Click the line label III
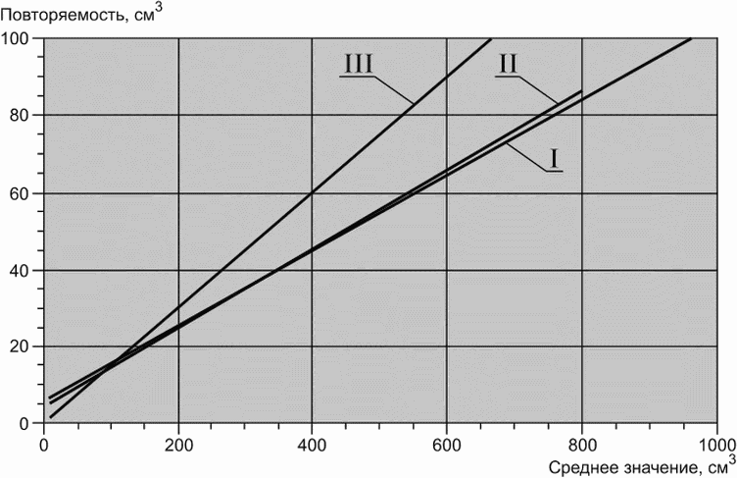click(x=359, y=64)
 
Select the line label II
click(x=508, y=64)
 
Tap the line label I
click(x=554, y=159)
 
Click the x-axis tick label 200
click(x=178, y=445)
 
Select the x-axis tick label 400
click(x=312, y=445)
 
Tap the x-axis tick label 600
click(x=446, y=445)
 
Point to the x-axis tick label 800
click(x=582, y=445)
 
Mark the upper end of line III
click(x=491, y=38)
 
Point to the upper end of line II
click(x=581, y=90)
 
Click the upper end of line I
click(x=691, y=38)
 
